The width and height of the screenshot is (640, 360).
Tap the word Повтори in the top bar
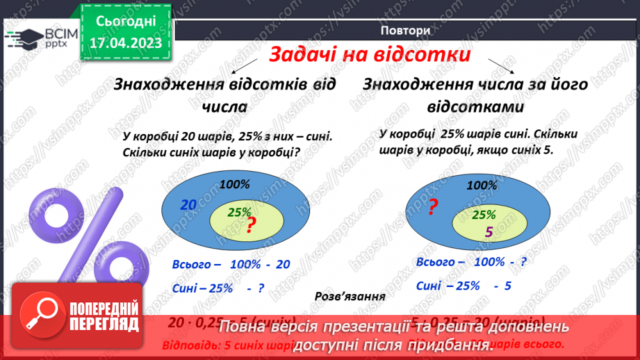(405, 31)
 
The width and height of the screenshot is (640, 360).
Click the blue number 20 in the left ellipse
(188, 205)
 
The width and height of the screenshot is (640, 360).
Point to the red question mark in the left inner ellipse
(252, 223)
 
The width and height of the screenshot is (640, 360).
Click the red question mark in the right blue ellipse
(432, 206)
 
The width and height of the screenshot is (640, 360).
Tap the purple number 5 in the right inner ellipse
(488, 234)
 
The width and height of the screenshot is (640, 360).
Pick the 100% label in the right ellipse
(482, 186)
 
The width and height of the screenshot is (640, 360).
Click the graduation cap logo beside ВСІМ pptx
(24, 37)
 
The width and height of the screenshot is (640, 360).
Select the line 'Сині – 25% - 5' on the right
(463, 285)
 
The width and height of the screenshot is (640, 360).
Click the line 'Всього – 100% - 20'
(231, 265)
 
